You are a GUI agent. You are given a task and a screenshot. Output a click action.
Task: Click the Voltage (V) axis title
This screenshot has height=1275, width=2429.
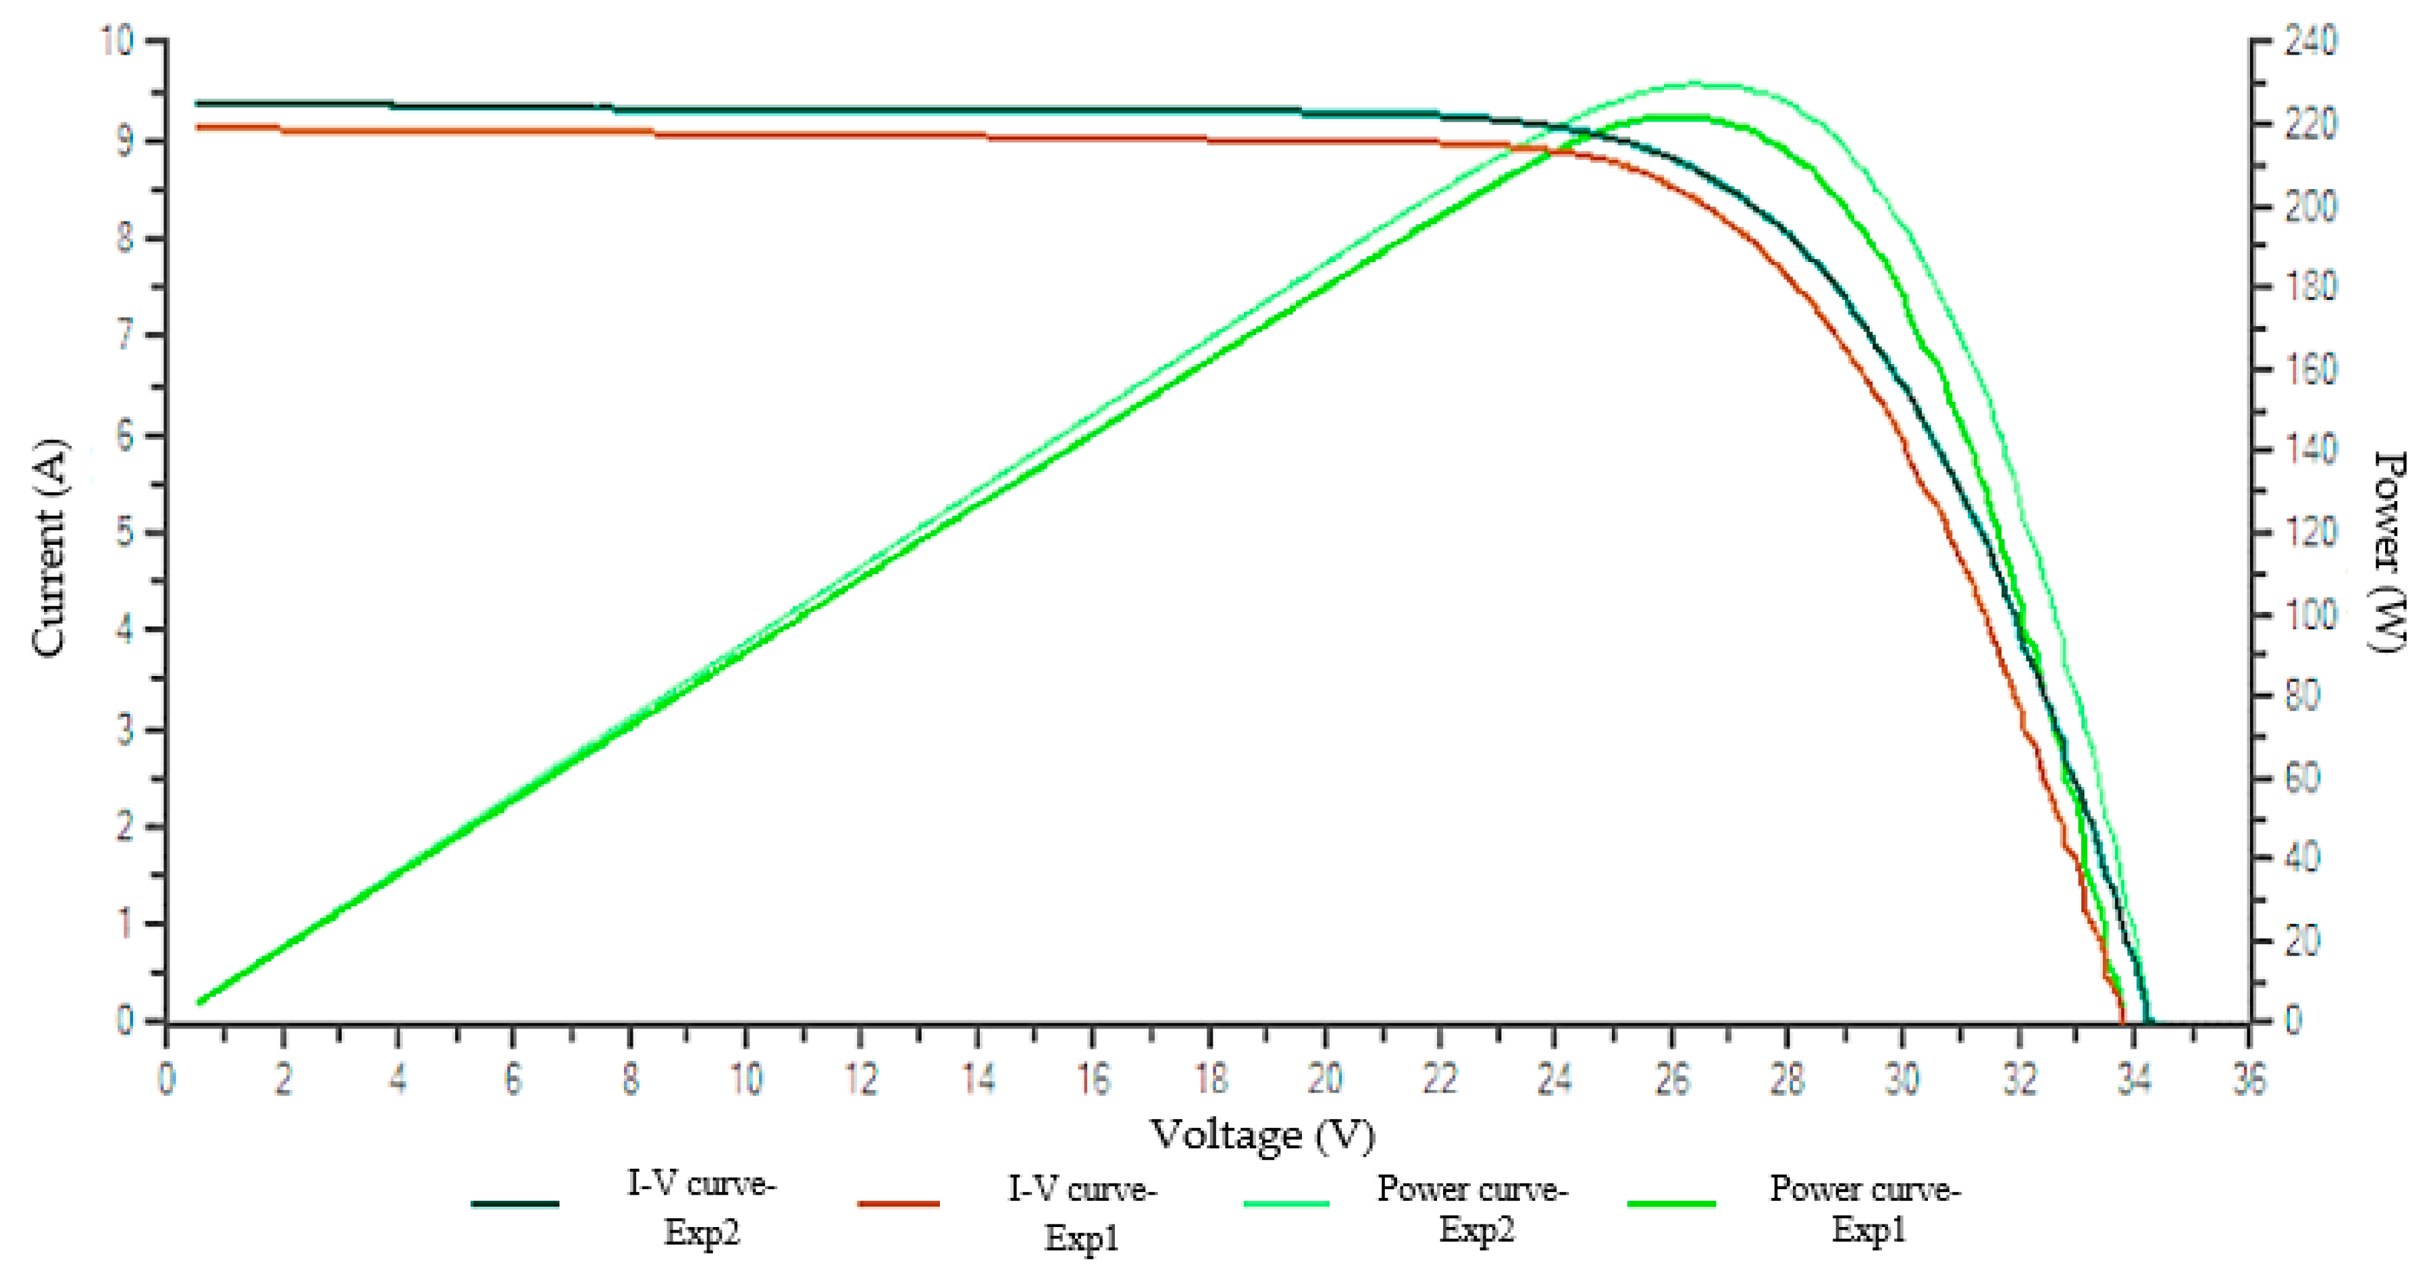(x=1261, y=1135)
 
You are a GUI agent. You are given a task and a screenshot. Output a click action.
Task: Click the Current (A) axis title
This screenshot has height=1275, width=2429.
(x=49, y=547)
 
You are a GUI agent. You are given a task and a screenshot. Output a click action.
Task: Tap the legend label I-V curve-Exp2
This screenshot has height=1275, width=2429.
(x=702, y=1208)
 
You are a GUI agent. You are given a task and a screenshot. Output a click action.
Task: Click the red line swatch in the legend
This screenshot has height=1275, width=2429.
(x=899, y=1203)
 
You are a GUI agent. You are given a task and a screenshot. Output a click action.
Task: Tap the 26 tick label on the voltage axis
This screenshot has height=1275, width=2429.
(x=1671, y=1078)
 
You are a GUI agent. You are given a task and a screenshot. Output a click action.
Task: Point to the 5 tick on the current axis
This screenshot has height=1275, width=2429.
(x=124, y=533)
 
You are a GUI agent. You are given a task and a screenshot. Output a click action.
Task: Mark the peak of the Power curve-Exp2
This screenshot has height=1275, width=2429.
(x=1692, y=83)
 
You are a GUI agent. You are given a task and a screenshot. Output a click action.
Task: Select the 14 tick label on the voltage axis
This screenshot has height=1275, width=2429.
(x=978, y=1078)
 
